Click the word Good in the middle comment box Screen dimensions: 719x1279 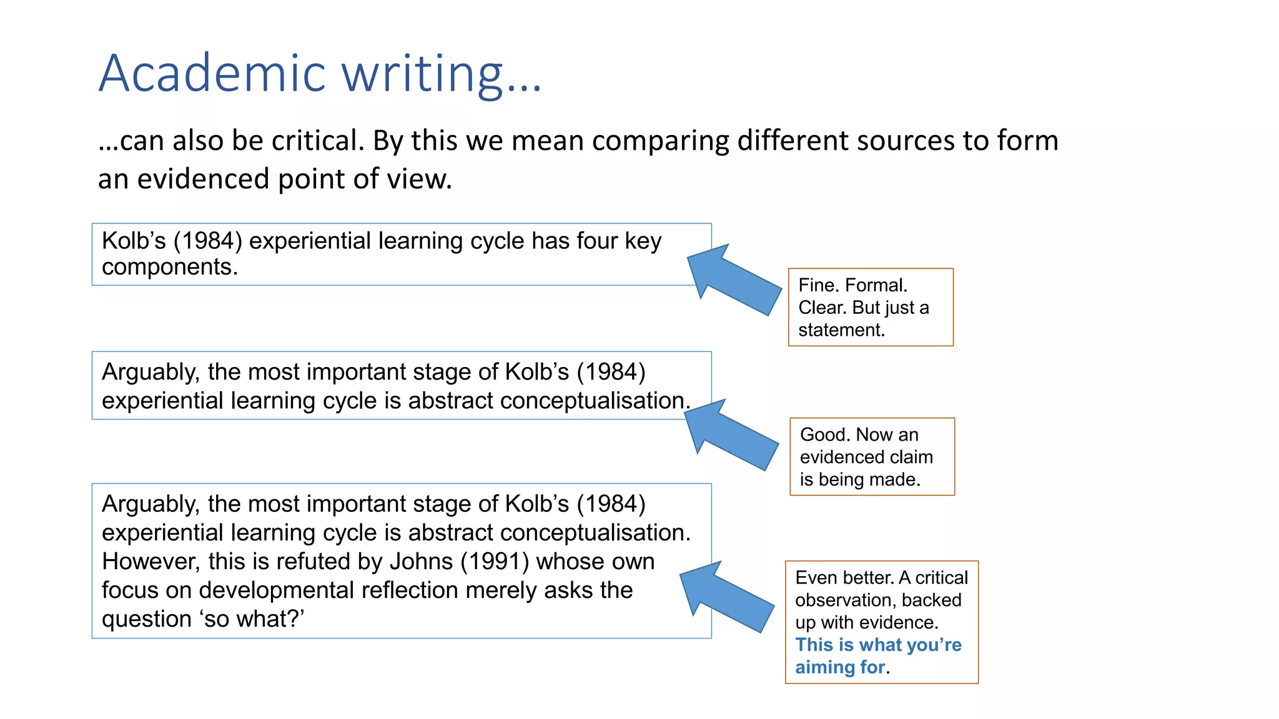(x=823, y=434)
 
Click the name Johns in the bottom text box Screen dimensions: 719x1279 (x=421, y=562)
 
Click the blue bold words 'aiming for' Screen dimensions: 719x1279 (x=839, y=667)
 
